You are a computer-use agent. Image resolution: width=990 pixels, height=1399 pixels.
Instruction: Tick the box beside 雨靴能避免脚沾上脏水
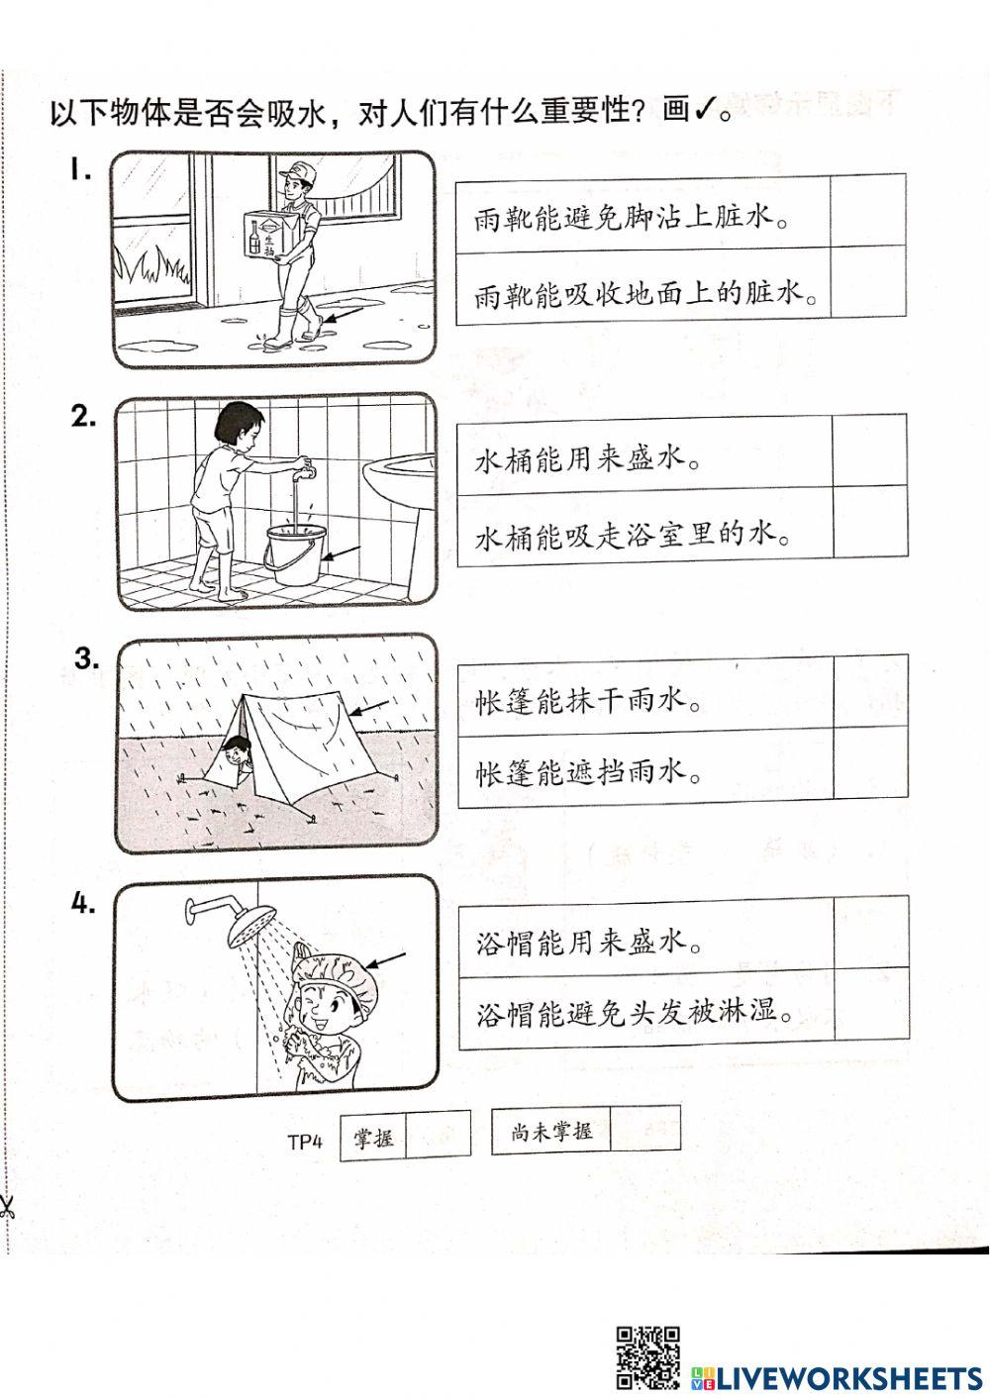pos(868,211)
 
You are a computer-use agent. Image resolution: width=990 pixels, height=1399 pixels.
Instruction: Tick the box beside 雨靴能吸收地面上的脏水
pos(868,283)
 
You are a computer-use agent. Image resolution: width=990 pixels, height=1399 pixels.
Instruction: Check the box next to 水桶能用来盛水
pos(869,450)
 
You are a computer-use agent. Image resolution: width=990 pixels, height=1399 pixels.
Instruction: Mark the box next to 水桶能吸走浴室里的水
pos(869,524)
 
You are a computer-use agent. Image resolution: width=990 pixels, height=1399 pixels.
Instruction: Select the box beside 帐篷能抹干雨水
pos(870,691)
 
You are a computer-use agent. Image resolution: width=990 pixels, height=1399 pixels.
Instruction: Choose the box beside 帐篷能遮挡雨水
pos(870,765)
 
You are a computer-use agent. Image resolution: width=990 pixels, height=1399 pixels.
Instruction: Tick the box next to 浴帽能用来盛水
pos(871,932)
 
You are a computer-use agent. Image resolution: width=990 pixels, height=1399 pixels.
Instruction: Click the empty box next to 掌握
pos(439,1135)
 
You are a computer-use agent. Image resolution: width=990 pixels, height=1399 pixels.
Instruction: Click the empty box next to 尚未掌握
pos(644,1129)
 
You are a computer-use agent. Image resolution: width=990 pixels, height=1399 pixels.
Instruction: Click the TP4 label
pos(306,1142)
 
